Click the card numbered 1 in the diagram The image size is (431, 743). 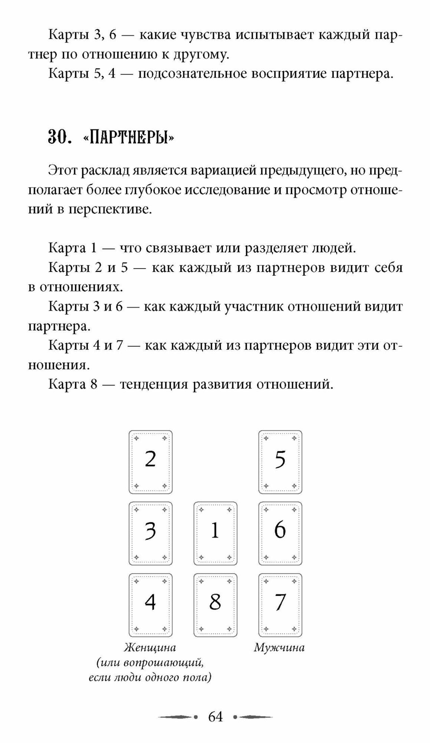[215, 533]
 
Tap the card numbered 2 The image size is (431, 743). [151, 462]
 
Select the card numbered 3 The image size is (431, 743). [151, 533]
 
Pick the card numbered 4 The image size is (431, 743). [151, 604]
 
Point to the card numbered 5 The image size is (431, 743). [280, 462]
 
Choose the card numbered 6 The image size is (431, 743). [280, 533]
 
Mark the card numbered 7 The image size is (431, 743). [280, 604]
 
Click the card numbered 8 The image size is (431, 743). [215, 604]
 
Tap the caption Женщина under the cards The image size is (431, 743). [150, 648]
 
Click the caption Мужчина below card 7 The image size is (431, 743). [279, 648]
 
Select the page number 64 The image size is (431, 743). [215, 717]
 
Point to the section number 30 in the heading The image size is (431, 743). [57, 138]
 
